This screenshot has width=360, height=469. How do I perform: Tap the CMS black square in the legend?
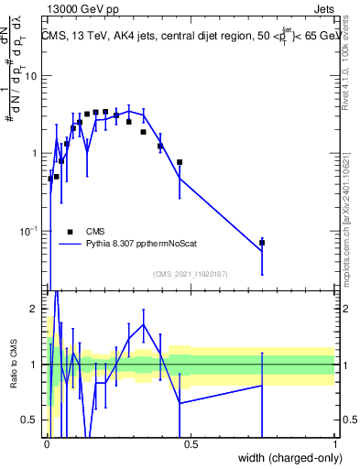pyautogui.click(x=70, y=232)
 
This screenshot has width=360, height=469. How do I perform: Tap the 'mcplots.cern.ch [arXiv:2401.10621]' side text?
pyautogui.click(x=353, y=210)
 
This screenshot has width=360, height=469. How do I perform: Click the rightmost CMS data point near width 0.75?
pyautogui.click(x=262, y=243)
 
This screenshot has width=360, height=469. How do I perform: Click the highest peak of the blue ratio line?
pyautogui.click(x=56, y=291)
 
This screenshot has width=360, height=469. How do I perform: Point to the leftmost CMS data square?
pyautogui.click(x=50, y=179)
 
